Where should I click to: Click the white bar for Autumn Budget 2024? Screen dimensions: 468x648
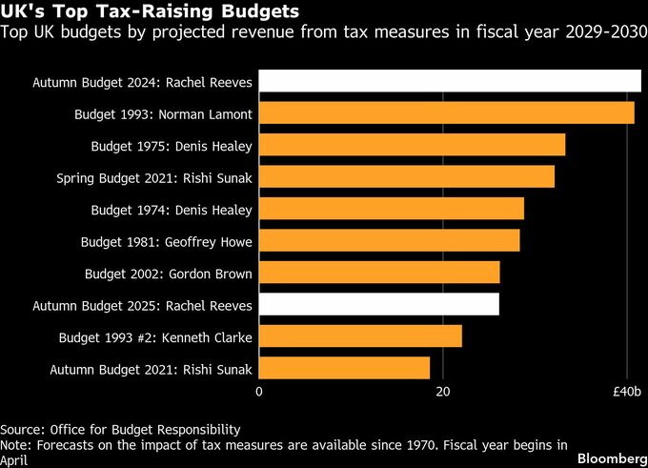tap(450, 82)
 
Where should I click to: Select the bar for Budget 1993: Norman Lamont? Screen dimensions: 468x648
tap(447, 113)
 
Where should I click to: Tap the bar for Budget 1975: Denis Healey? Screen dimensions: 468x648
tap(412, 145)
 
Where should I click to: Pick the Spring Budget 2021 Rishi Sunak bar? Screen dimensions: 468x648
tap(407, 176)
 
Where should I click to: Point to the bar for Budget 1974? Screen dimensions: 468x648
tap(392, 209)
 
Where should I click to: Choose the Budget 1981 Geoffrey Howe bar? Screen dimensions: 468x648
tap(390, 240)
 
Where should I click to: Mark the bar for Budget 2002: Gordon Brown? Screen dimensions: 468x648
tap(379, 273)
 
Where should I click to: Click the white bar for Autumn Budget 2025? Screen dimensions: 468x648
tap(379, 304)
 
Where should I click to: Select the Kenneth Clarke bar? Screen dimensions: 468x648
tap(360, 336)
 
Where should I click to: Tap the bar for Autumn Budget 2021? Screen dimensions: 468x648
tap(344, 368)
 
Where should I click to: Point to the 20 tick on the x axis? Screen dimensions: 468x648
tap(443, 392)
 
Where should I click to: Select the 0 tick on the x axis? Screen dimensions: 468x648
tap(259, 392)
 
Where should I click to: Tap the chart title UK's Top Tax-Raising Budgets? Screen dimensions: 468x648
tap(148, 13)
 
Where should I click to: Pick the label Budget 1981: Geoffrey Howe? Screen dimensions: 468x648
tap(169, 242)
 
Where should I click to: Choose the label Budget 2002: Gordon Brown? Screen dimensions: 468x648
tap(169, 274)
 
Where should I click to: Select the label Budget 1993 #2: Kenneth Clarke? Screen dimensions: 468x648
tap(155, 336)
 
